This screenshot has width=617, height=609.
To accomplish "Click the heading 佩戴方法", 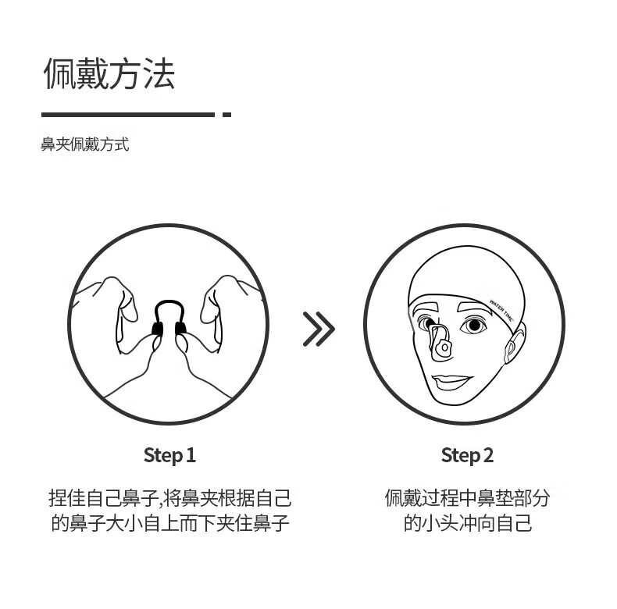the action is [x=109, y=73].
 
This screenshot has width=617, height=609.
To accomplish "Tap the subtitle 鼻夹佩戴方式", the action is [x=85, y=144].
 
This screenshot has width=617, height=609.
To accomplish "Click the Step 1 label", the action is [x=169, y=455].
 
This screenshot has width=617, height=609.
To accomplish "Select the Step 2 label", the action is [x=467, y=455].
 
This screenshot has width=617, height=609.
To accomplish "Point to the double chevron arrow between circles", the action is [x=319, y=329].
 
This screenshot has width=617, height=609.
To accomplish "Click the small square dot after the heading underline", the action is [x=226, y=115].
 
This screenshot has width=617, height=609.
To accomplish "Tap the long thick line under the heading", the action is [x=128, y=115].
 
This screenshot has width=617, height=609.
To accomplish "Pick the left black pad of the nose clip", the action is [x=158, y=329].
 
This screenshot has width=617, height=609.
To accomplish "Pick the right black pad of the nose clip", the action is [x=181, y=328].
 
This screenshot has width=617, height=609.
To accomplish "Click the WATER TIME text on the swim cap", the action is [x=501, y=311].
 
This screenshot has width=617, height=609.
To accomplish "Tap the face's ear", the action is [x=515, y=342].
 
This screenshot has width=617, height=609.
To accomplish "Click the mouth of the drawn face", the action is [x=451, y=382].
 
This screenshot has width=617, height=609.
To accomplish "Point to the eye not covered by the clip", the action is [x=474, y=326].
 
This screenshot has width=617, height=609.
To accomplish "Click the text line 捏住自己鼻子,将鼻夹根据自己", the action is [x=170, y=498].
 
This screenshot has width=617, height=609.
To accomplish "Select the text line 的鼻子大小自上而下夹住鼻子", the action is [x=170, y=523].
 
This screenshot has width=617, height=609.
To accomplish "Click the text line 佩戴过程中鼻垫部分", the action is [x=467, y=498].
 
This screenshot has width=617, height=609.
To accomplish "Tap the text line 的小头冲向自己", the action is [x=468, y=523].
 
